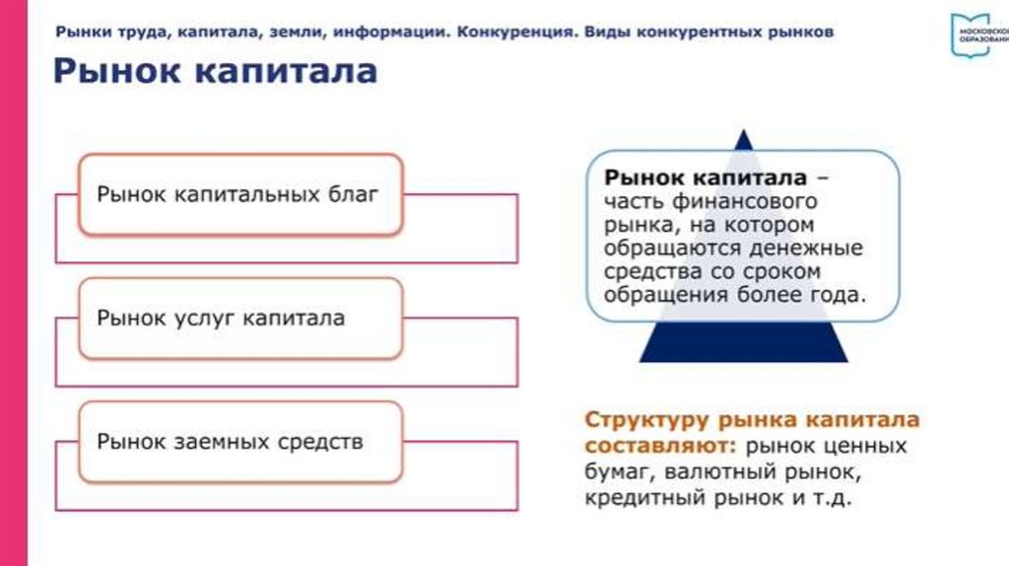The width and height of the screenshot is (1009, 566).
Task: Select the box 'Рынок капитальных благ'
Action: (x=239, y=193)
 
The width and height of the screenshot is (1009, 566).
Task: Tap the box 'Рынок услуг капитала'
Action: (x=239, y=318)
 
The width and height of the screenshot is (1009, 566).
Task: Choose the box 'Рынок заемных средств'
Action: (x=239, y=441)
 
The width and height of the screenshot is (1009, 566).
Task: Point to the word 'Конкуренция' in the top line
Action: (x=511, y=32)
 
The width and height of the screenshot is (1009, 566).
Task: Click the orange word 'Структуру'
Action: (x=642, y=418)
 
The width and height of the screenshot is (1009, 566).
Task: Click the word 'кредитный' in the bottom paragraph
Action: (x=642, y=498)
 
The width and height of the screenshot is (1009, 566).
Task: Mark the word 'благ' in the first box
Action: (x=353, y=193)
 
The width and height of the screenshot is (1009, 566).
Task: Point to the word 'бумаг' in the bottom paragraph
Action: (x=613, y=471)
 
